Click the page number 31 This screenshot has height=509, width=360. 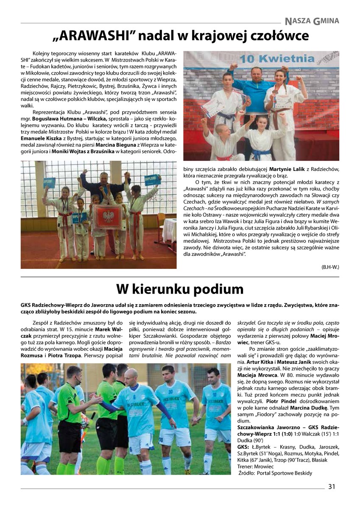[331, 487]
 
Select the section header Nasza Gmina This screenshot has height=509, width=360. [312, 20]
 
